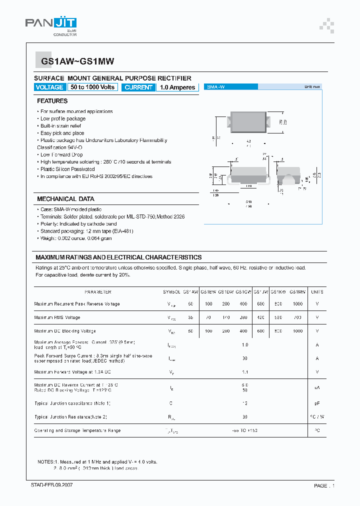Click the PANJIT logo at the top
click(50, 24)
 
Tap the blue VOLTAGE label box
click(49, 87)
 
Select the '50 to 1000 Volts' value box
click(92, 87)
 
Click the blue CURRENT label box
click(138, 87)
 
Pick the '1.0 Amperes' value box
click(177, 87)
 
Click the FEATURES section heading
click(52, 101)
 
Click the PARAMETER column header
click(97, 292)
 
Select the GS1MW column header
click(297, 292)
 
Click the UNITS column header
click(317, 292)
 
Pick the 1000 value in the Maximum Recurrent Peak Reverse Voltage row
click(297, 304)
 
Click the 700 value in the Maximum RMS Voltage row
click(297, 317)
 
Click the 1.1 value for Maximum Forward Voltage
click(245, 372)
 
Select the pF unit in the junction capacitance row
click(317, 403)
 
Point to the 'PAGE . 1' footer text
click(324, 485)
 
